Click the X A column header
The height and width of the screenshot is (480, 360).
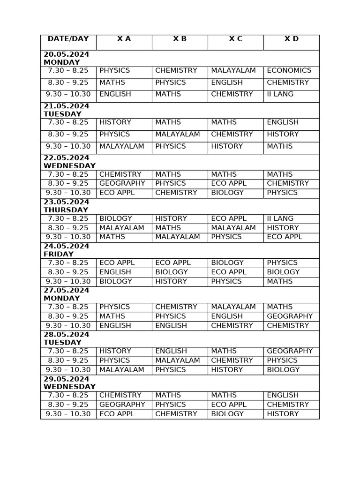click(x=124, y=39)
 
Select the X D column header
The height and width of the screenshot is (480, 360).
click(x=291, y=39)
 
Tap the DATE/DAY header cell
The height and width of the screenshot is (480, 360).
click(x=68, y=39)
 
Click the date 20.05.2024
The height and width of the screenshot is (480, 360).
click(x=66, y=54)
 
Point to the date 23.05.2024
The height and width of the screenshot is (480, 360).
click(x=66, y=202)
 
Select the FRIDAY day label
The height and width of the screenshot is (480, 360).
click(x=59, y=254)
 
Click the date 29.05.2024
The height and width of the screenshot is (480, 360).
click(x=66, y=379)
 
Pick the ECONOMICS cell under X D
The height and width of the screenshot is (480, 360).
click(x=289, y=70)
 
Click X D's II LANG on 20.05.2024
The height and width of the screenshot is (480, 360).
click(x=280, y=94)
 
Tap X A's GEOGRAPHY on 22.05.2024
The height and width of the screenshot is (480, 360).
click(x=122, y=183)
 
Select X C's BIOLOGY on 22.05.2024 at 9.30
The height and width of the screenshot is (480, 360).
click(x=227, y=193)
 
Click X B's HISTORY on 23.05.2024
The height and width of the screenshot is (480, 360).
click(x=171, y=218)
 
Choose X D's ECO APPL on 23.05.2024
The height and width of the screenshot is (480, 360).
click(x=285, y=237)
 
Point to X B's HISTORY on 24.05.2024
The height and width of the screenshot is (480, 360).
click(x=171, y=281)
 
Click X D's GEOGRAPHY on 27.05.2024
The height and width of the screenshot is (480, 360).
click(x=289, y=316)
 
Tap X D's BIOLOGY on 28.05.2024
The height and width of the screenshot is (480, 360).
click(x=283, y=369)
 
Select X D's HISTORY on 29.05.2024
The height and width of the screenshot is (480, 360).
click(x=282, y=414)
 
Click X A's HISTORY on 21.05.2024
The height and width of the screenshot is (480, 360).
click(x=115, y=122)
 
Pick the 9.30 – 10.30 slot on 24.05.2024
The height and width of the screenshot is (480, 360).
click(x=68, y=281)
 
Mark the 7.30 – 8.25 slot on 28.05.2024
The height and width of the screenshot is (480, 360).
click(x=68, y=351)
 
